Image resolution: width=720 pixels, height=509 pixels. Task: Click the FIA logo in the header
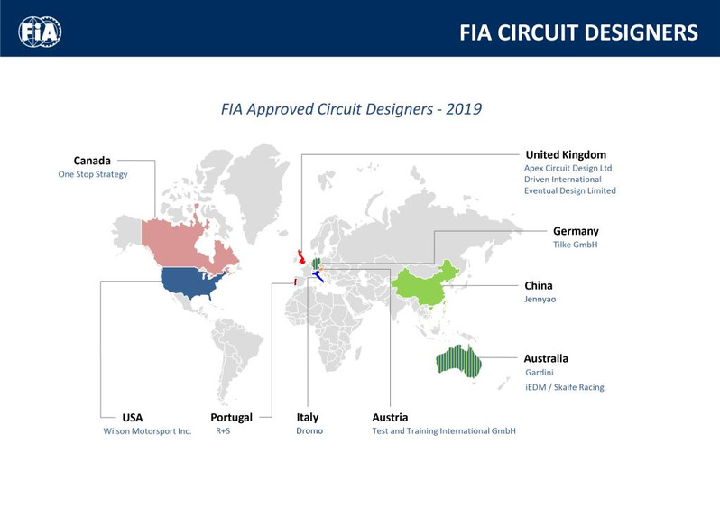(x=40, y=32)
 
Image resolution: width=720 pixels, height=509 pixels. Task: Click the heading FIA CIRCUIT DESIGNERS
(x=578, y=33)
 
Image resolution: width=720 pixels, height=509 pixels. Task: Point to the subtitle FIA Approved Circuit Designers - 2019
(x=351, y=109)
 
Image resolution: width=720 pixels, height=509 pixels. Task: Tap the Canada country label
(x=92, y=161)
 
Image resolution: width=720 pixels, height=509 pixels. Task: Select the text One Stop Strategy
(x=93, y=174)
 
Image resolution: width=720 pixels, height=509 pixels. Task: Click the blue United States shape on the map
(x=190, y=282)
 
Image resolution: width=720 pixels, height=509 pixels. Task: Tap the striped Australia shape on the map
(x=459, y=361)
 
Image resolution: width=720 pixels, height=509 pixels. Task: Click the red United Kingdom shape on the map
(x=301, y=258)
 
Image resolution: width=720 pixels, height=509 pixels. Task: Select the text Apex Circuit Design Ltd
(x=568, y=168)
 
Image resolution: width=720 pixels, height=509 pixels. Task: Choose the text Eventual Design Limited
(x=570, y=190)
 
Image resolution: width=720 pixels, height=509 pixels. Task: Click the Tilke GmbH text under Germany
(x=575, y=245)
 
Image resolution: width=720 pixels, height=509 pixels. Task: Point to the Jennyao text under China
(x=540, y=299)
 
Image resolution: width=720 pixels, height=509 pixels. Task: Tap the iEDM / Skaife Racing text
(x=565, y=387)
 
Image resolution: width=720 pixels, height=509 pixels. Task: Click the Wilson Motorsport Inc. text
(x=147, y=431)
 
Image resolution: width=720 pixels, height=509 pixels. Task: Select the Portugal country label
(x=231, y=418)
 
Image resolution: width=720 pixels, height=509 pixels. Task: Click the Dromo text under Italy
(x=309, y=430)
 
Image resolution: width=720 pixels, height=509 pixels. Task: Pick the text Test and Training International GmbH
(x=444, y=430)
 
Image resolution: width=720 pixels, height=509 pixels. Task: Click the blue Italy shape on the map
(x=318, y=275)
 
